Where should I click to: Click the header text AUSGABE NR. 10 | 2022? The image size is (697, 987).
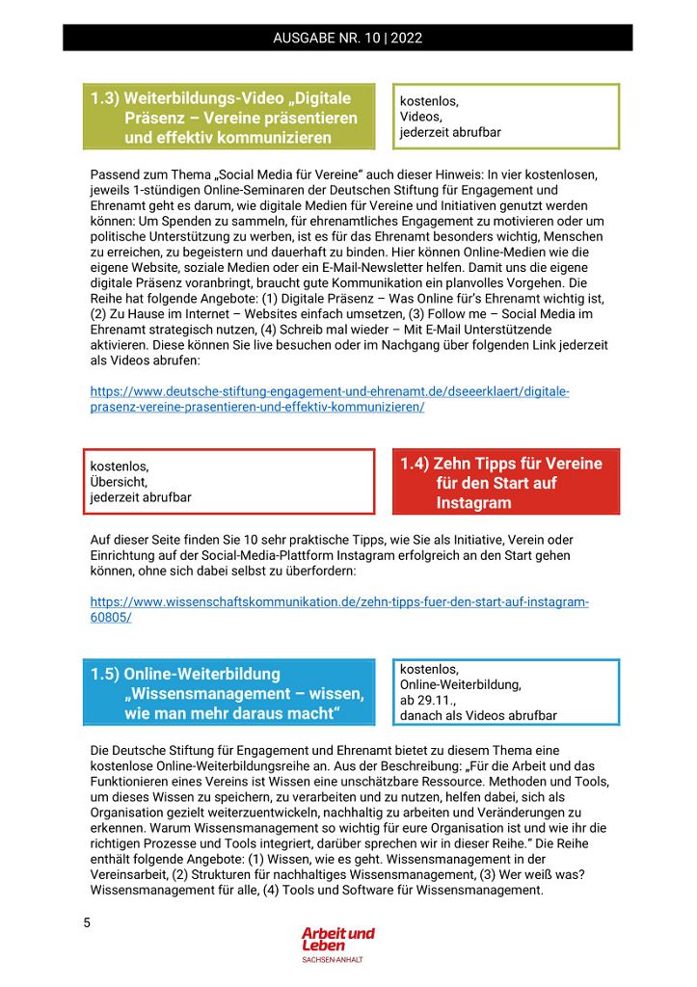pos(348,39)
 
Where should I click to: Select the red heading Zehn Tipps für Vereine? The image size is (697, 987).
pos(505,482)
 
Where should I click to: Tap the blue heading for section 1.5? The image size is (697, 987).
pos(228,693)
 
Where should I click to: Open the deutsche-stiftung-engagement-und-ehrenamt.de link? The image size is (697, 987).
pos(330,399)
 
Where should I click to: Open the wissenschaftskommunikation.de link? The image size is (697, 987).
pos(339,609)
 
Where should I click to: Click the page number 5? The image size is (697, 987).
pos(87,923)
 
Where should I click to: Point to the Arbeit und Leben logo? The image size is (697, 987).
pos(337,939)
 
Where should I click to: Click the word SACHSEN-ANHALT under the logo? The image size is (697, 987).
pos(333,960)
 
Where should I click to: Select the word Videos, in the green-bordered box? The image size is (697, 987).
pos(421,117)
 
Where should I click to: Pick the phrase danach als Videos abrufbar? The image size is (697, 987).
pos(478,716)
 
